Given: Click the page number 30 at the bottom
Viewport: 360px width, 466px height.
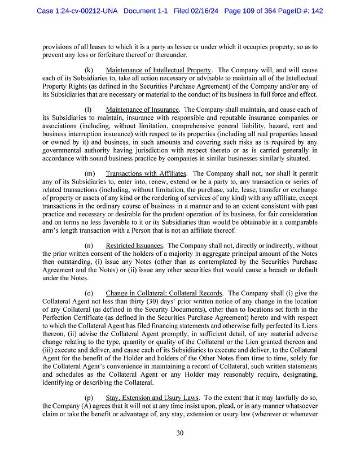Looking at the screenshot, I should click(180, 433).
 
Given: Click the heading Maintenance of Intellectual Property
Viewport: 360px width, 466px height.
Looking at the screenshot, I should click(158, 69).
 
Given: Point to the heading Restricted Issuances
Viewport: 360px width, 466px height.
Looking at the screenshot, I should click(134, 246).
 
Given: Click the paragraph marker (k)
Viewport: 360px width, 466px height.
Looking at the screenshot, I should click(89, 69).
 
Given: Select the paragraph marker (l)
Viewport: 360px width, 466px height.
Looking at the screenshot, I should click(88, 109).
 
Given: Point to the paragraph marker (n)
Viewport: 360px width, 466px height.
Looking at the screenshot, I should click(89, 246).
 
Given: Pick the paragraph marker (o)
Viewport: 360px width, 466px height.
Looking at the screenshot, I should click(89, 294).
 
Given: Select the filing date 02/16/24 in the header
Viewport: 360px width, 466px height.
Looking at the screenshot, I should click(207, 11).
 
